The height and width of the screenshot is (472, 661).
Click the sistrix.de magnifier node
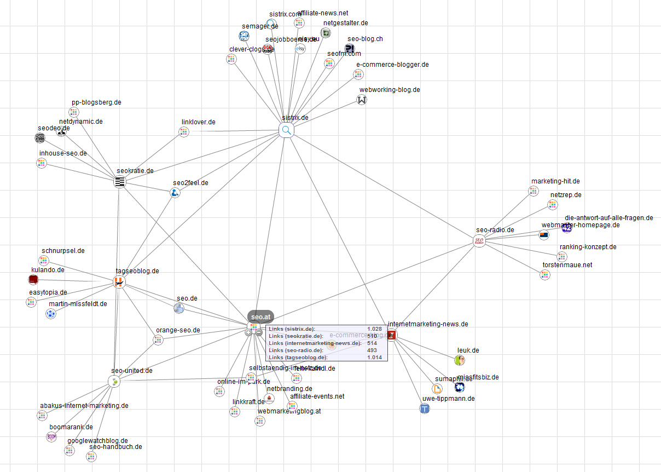286,130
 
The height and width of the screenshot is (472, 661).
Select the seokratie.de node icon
120,182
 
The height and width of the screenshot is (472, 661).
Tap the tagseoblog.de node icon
119,282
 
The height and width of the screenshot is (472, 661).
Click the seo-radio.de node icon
479,241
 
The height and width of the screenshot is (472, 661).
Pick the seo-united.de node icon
114,381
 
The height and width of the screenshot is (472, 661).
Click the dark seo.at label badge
260,317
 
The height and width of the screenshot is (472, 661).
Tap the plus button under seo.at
248,332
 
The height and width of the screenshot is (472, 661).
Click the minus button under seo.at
259,332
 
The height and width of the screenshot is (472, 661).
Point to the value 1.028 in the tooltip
374,329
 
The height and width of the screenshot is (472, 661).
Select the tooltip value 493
372,350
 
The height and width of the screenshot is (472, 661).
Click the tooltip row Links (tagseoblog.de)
298,357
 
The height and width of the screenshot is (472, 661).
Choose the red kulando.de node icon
33,280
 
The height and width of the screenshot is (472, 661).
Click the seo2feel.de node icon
175,193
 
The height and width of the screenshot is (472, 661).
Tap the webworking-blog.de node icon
362,100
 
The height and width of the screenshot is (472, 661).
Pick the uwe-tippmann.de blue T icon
425,408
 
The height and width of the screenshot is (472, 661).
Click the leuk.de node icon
460,360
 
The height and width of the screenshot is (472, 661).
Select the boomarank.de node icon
51,436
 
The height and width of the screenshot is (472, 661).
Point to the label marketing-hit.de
555,181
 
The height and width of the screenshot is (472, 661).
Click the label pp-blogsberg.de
96,102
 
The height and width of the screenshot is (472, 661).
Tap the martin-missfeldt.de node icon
51,314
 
